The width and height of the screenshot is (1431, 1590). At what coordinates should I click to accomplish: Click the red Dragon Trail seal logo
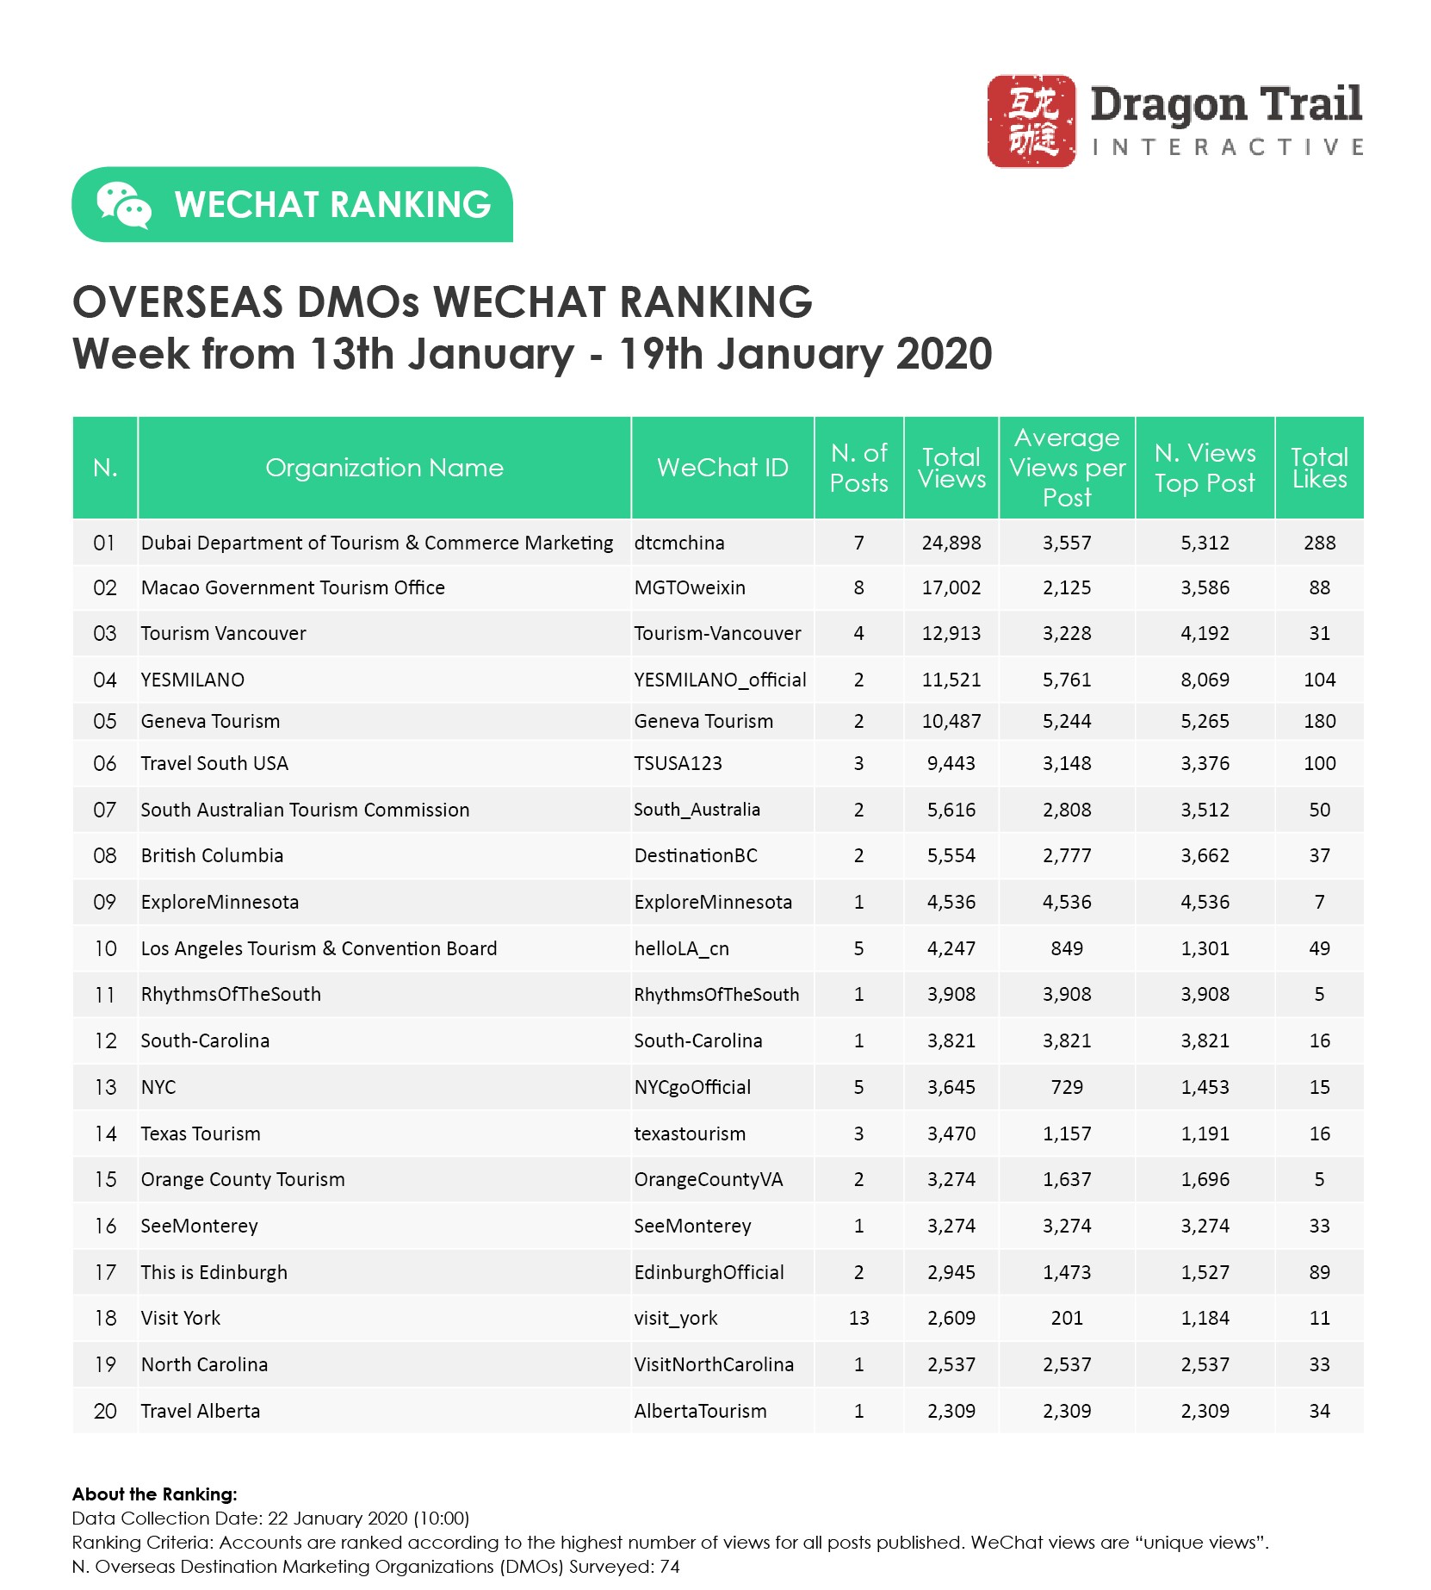click(x=1031, y=121)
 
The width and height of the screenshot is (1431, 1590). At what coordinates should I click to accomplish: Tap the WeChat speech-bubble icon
click(x=123, y=205)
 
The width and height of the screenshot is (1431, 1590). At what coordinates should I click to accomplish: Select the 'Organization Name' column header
click(x=384, y=468)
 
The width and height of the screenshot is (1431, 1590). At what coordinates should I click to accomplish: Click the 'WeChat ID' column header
click(x=722, y=468)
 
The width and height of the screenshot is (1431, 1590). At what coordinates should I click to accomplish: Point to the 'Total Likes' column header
click(x=1319, y=468)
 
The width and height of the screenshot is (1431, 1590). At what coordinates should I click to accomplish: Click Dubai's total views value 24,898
click(x=951, y=543)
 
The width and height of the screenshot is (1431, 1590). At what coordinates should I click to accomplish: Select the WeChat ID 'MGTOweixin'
click(x=690, y=588)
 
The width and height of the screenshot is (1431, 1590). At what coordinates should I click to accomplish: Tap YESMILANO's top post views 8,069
click(x=1205, y=680)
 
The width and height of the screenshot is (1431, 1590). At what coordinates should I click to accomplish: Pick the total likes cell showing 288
click(x=1319, y=543)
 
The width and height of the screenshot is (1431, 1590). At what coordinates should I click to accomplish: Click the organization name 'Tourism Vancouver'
click(x=223, y=634)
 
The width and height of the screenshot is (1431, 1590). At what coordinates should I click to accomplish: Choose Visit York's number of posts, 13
click(x=858, y=1319)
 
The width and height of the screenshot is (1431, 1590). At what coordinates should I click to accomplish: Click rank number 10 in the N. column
click(x=105, y=949)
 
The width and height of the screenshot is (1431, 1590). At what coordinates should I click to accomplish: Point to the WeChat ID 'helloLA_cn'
click(x=681, y=949)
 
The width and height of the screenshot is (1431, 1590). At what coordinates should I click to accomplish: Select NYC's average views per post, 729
click(x=1067, y=1088)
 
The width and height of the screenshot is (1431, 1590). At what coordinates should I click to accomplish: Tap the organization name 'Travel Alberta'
click(x=200, y=1412)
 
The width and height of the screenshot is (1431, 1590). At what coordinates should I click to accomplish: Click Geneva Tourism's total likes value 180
click(x=1319, y=722)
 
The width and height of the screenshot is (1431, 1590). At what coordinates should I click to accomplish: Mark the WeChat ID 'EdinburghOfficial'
click(x=709, y=1273)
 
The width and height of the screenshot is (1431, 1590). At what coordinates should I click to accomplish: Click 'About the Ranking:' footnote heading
click(x=154, y=1494)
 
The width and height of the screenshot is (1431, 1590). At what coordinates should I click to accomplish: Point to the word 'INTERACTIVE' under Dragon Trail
click(x=1227, y=148)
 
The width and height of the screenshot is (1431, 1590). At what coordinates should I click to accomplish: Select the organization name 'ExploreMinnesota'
click(x=220, y=903)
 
